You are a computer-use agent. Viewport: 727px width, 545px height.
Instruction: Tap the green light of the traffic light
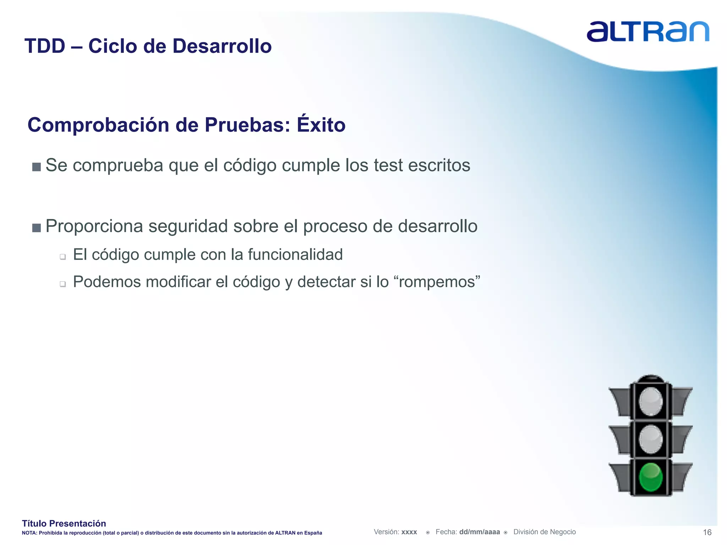[650, 477]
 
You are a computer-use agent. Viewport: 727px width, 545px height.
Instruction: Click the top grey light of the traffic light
[650, 402]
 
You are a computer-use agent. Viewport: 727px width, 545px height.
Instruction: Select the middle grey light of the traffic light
[650, 439]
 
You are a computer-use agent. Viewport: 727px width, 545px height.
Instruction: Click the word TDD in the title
[45, 46]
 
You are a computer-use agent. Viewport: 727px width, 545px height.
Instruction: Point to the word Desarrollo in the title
[222, 46]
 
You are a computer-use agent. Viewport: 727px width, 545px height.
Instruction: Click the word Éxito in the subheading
[321, 125]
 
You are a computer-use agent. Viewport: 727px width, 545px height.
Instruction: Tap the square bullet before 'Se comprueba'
[36, 167]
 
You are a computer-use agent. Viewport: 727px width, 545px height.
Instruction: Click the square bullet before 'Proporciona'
[36, 227]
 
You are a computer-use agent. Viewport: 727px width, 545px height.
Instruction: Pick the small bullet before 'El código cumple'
[63, 257]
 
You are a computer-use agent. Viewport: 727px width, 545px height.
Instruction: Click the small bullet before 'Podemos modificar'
[63, 284]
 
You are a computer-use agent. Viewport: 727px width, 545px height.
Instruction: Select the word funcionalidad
[295, 255]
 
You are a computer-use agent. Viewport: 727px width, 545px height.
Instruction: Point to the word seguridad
[188, 227]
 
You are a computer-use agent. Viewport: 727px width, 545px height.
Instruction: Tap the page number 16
[707, 532]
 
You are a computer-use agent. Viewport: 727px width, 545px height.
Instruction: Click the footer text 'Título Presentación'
[64, 523]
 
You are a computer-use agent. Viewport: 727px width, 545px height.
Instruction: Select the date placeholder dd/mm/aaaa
[479, 532]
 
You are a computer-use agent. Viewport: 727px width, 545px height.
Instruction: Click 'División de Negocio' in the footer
[544, 532]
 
